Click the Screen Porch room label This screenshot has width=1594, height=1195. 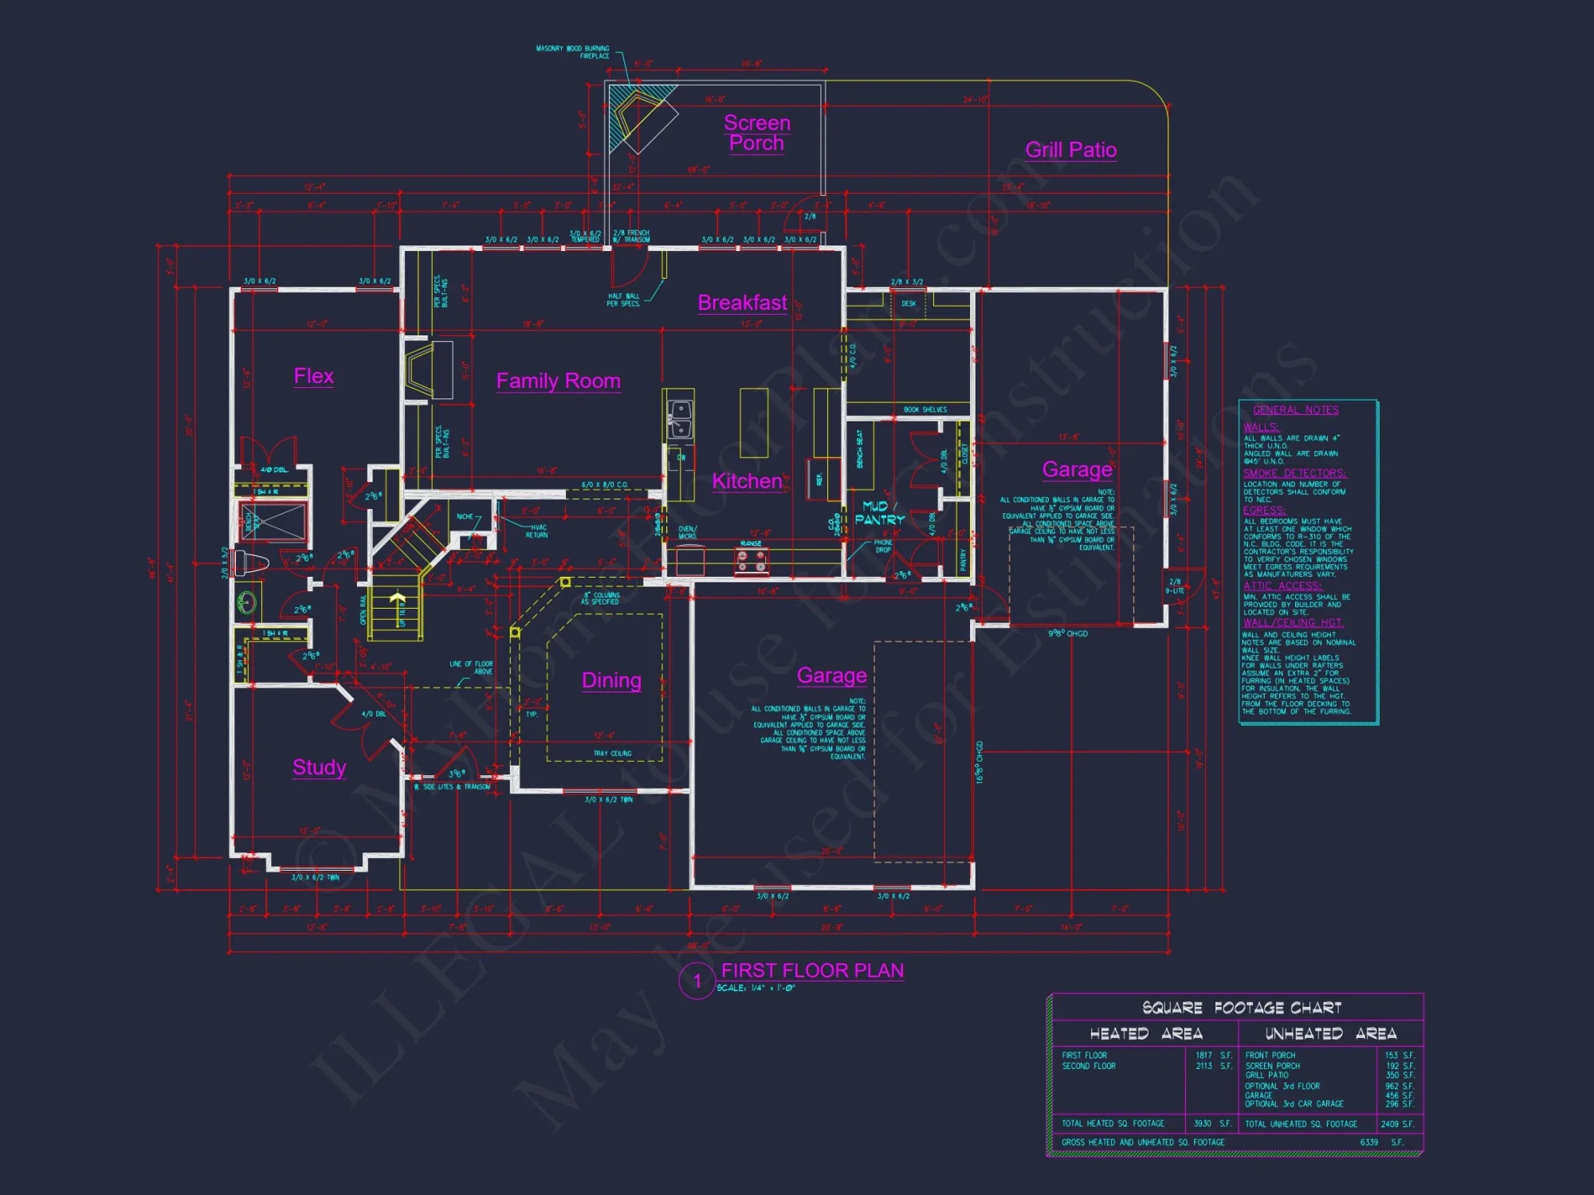tap(756, 132)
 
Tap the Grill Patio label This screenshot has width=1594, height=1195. tap(1070, 150)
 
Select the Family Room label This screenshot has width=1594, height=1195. tap(558, 381)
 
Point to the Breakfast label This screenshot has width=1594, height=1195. tap(742, 303)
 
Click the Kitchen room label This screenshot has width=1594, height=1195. tap(747, 480)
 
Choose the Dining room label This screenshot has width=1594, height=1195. tap(611, 680)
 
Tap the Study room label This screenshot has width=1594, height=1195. tap(319, 767)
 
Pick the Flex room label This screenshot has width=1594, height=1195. tap(313, 376)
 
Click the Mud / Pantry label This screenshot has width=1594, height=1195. tap(879, 512)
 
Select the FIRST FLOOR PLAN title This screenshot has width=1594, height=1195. tap(812, 970)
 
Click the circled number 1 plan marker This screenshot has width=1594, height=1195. tap(697, 981)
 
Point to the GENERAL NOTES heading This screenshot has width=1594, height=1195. tap(1295, 409)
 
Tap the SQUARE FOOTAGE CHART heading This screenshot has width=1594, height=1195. tap(1241, 1008)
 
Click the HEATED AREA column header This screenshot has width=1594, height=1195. tap(1145, 1033)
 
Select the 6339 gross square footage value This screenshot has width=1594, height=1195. tap(1368, 1142)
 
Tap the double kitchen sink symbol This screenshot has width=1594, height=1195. tap(679, 417)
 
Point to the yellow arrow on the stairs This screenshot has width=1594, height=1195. tap(397, 598)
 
